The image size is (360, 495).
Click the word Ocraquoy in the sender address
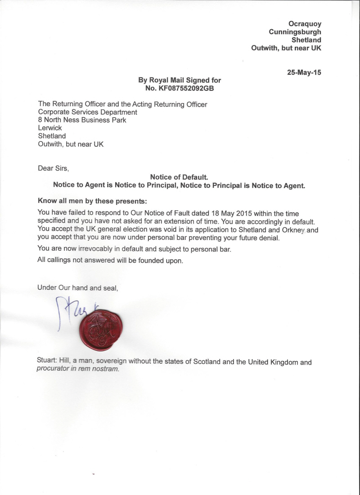(x=305, y=24)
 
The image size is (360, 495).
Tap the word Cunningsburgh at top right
(x=295, y=32)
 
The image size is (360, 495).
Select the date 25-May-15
(x=304, y=72)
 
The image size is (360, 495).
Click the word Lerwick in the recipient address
(x=50, y=128)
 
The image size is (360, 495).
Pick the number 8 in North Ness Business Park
(x=40, y=120)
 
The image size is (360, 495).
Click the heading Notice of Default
(x=179, y=177)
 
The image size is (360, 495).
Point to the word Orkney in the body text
(x=292, y=230)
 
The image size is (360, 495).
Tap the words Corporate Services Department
(x=87, y=112)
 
